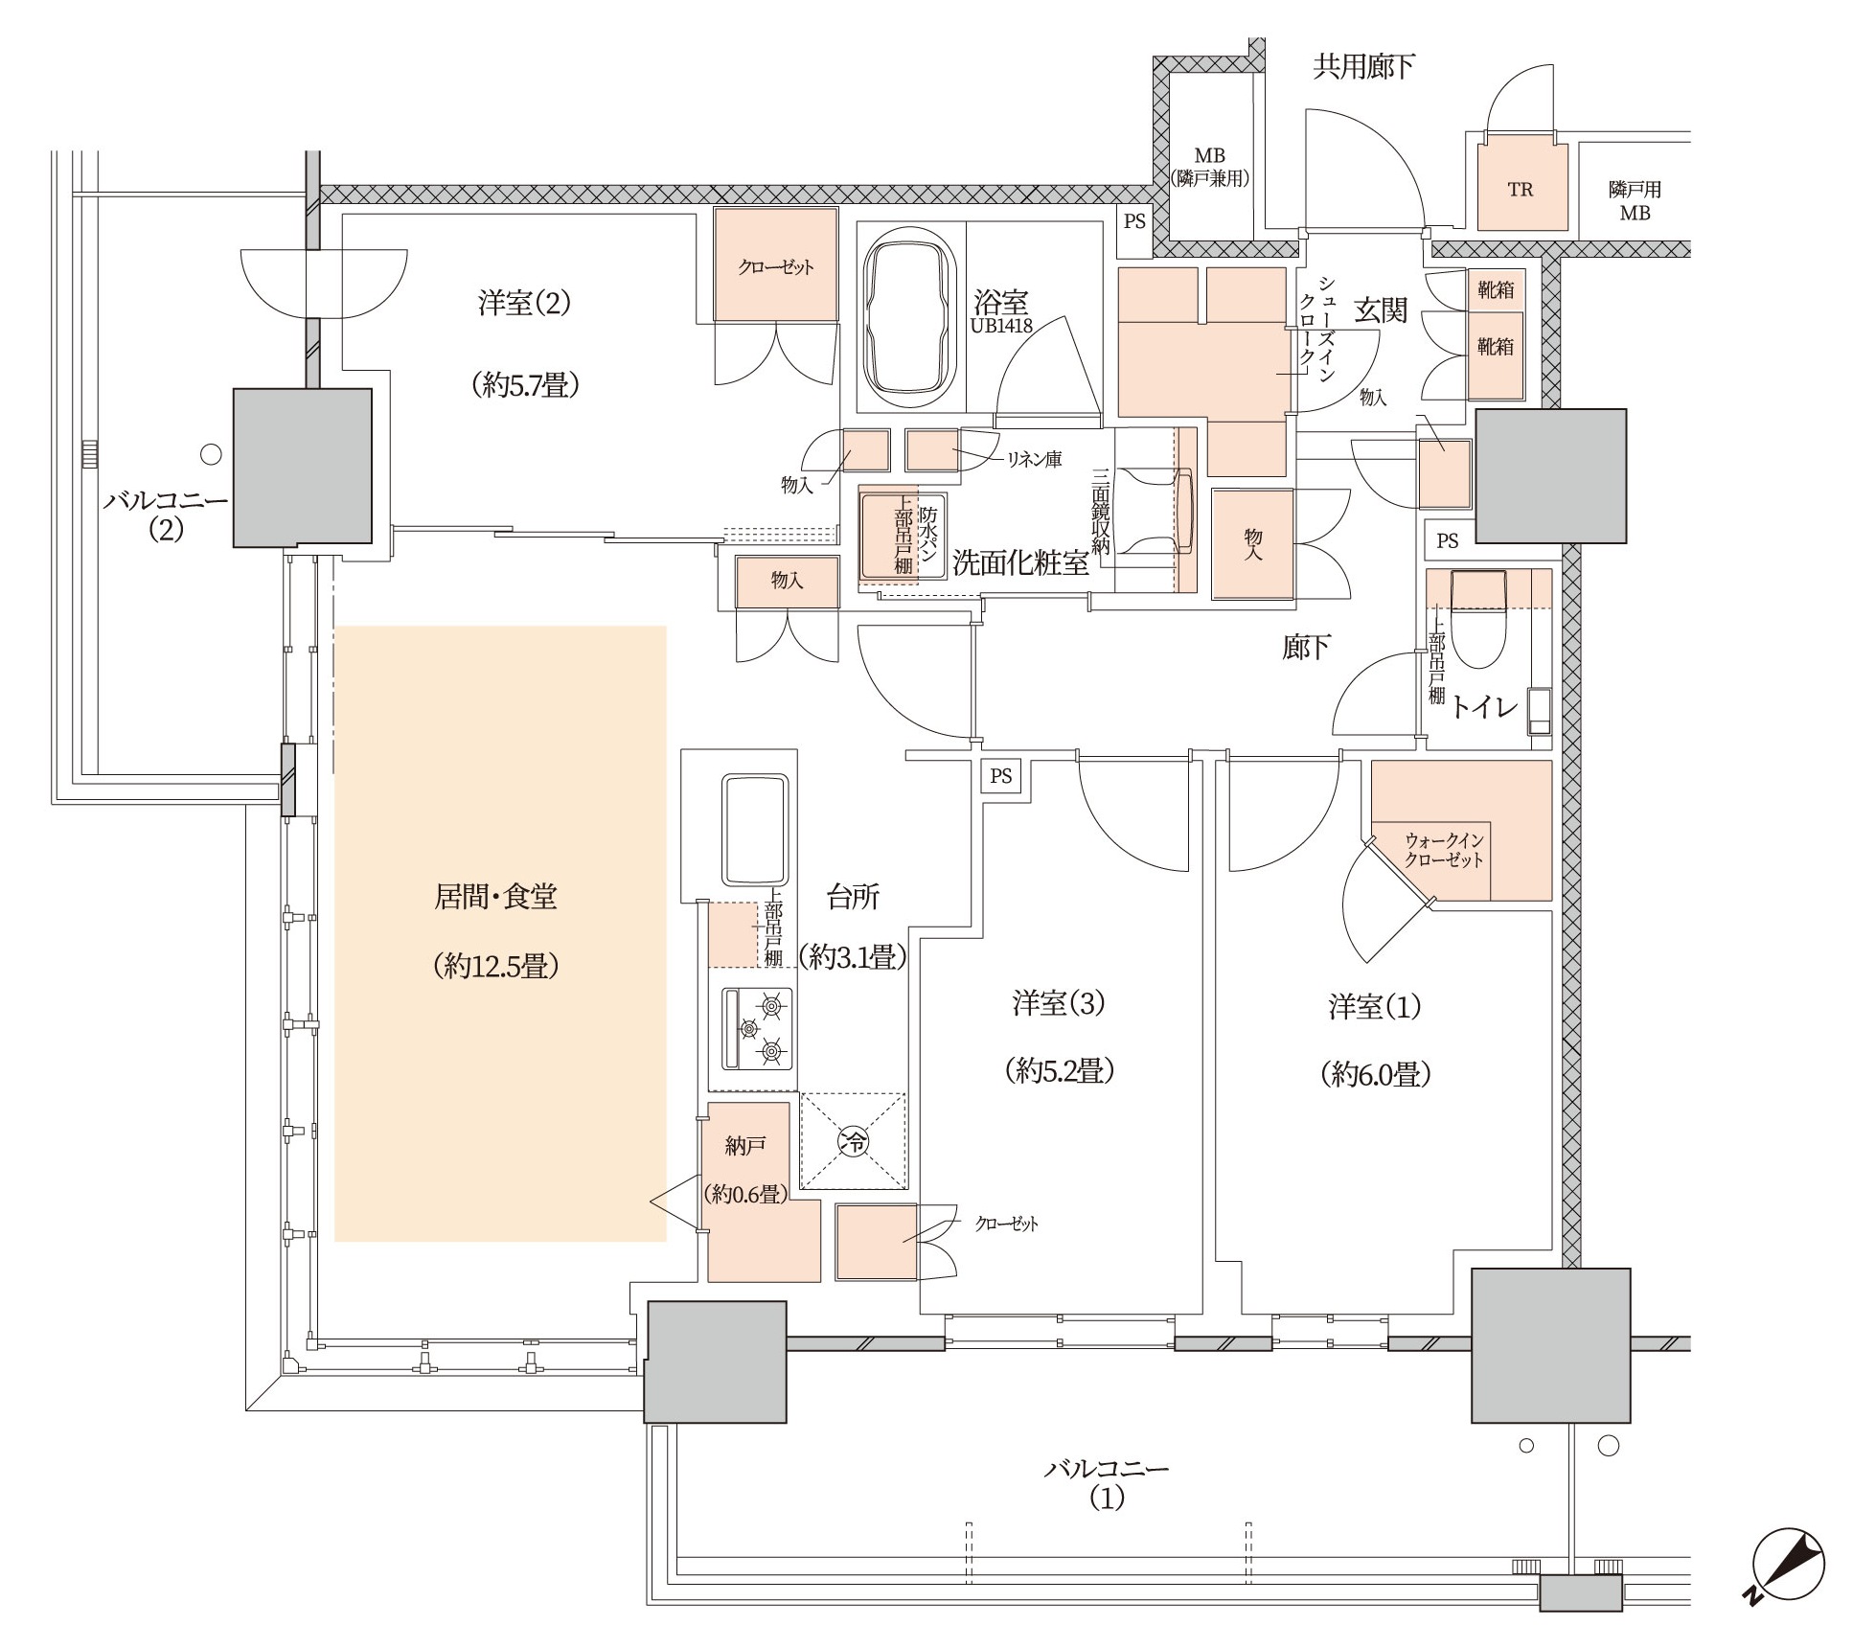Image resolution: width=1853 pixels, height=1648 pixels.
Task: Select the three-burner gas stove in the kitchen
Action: tap(758, 1029)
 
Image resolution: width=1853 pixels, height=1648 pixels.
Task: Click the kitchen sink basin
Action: tap(756, 830)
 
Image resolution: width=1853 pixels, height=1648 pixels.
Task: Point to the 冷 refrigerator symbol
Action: tap(853, 1140)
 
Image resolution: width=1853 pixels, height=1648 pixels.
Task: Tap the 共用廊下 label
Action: tap(1363, 67)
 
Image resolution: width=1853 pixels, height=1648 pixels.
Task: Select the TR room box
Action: tap(1521, 189)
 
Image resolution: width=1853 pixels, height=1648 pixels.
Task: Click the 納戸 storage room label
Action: tap(744, 1145)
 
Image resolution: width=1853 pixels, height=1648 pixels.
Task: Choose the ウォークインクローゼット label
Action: tap(1444, 850)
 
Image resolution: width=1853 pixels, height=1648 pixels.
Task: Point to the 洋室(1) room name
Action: tap(1374, 1007)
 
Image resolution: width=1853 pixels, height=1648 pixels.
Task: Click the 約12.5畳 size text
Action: tap(495, 966)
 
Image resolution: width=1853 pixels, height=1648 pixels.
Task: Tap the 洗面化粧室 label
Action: tap(1020, 563)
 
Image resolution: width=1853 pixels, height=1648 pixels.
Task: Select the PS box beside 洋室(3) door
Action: tap(1000, 775)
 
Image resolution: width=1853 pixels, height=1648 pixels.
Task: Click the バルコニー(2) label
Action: tap(166, 515)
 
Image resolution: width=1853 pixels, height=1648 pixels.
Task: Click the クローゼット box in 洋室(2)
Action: tap(776, 265)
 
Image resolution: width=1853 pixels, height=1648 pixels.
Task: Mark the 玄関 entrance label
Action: tap(1380, 309)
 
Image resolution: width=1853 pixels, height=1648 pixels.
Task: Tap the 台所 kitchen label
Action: tap(852, 897)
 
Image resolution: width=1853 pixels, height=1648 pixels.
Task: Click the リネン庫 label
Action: tap(1033, 460)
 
